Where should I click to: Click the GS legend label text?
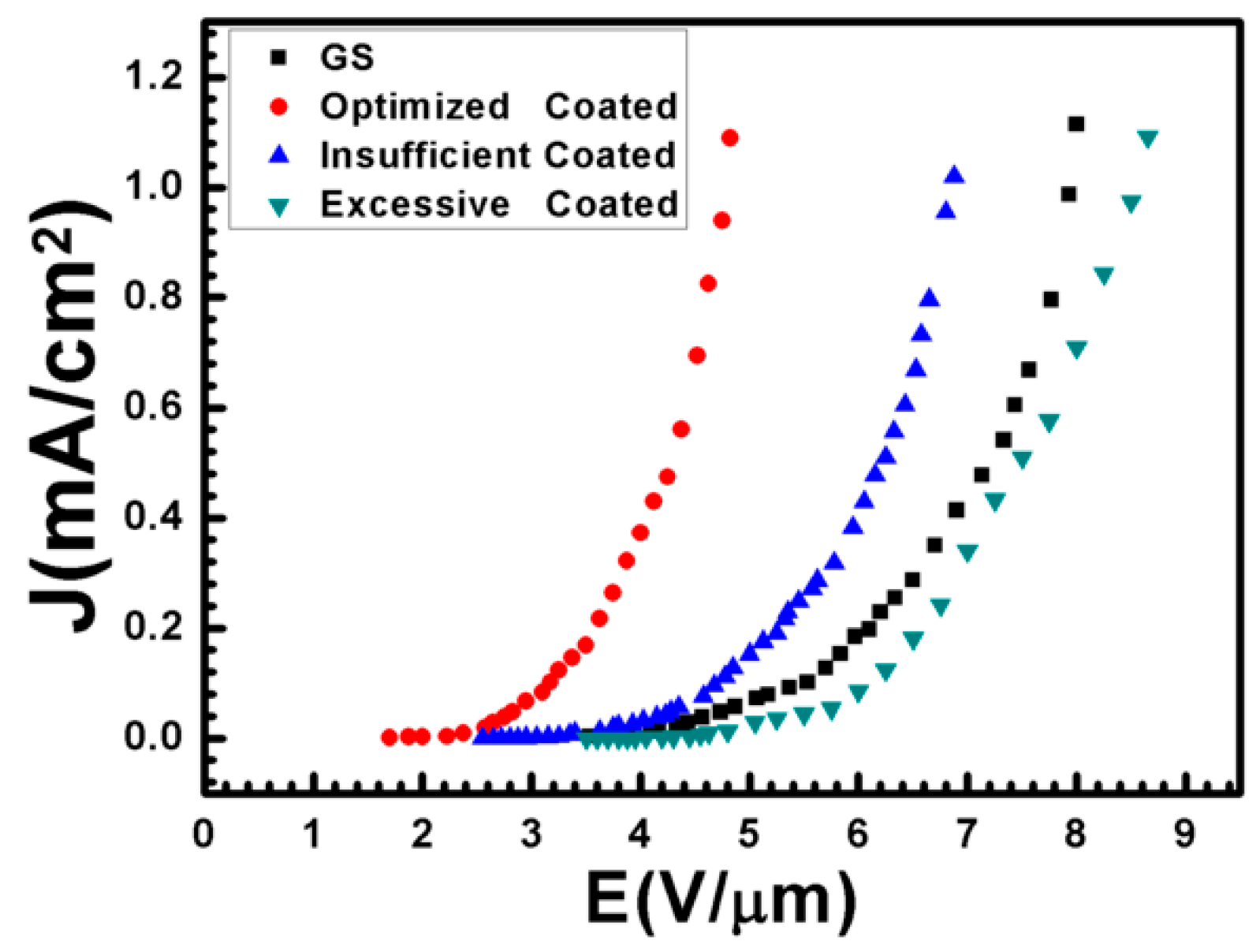[347, 58]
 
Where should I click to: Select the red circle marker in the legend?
[279, 106]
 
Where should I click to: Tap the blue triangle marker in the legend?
[279, 155]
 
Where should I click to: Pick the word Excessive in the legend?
[415, 204]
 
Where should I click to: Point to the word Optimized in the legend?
[415, 106]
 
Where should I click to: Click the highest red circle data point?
[730, 138]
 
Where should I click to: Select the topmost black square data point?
[1075, 124]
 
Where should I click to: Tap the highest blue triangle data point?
[954, 175]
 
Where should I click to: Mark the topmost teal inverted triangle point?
[1148, 139]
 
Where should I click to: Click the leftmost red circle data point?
[389, 737]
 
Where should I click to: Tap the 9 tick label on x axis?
[1184, 834]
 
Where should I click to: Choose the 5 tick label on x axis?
[749, 834]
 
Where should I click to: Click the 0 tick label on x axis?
[203, 834]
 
